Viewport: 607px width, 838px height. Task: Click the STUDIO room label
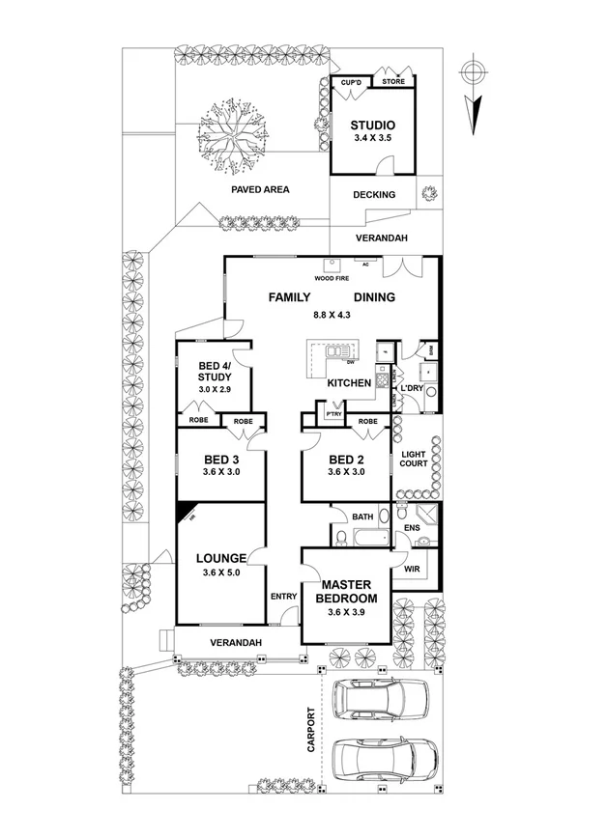373,126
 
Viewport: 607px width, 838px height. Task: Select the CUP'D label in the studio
351,83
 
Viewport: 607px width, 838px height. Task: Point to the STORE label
393,82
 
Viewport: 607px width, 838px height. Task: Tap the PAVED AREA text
260,190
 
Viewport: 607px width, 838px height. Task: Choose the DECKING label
374,195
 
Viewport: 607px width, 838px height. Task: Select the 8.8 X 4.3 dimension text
331,316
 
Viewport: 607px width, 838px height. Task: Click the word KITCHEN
349,383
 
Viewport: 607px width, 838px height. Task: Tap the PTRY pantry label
333,414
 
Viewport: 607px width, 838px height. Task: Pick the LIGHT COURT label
413,459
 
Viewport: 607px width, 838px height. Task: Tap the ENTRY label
283,597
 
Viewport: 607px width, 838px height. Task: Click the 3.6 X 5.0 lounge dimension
221,573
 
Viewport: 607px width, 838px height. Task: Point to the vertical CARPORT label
311,732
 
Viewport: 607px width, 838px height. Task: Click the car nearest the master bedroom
380,698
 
